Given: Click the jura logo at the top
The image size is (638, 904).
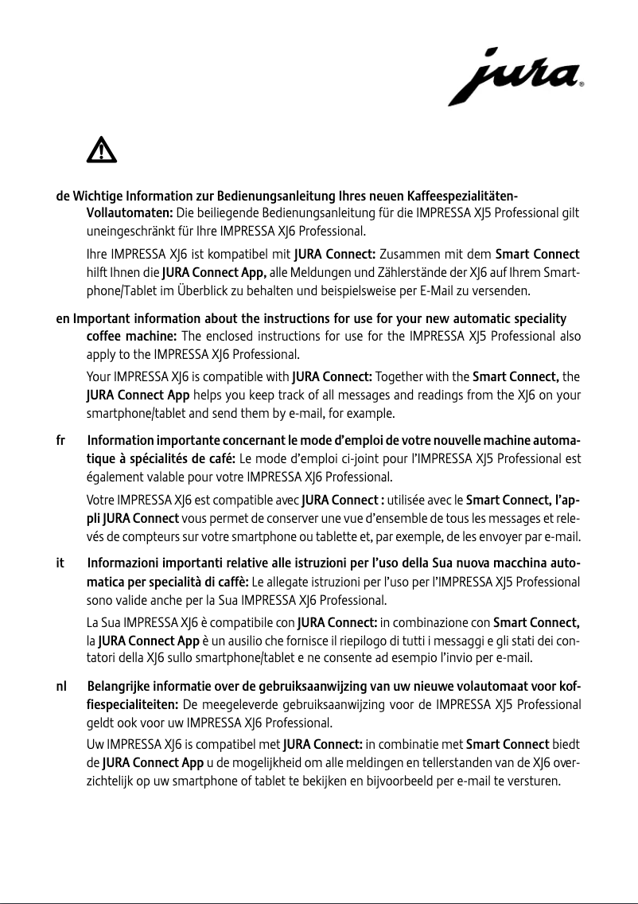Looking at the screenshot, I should point(515,76).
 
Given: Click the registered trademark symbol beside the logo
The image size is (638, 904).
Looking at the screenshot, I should point(582,83).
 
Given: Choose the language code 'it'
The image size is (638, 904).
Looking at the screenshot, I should point(60,563).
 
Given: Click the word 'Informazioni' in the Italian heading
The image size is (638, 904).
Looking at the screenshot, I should point(123,563).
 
